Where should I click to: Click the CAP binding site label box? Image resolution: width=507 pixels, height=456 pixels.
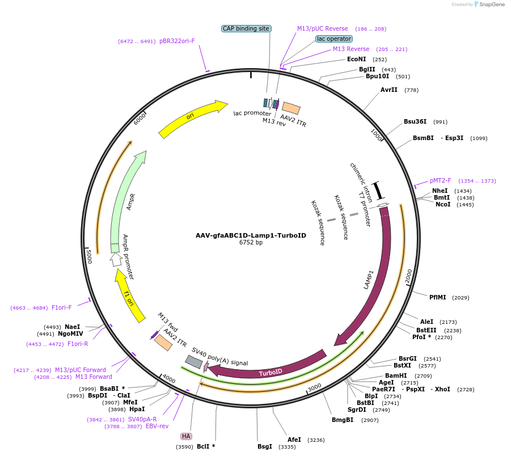246,28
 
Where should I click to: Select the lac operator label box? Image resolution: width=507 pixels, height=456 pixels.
334,39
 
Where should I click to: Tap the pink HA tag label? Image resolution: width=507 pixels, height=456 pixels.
186,436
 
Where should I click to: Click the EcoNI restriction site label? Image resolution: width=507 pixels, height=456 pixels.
356,59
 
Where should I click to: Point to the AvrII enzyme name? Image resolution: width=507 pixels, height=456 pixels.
388,90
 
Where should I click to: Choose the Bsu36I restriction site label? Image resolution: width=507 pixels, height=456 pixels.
415,121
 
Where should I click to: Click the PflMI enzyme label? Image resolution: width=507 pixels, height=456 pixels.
437,297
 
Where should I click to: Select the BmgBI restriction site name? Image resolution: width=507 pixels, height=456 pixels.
343,420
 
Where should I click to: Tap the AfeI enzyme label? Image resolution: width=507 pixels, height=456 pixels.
294,440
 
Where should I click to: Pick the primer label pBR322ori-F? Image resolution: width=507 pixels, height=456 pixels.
177,41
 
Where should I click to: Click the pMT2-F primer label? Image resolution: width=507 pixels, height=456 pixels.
441,180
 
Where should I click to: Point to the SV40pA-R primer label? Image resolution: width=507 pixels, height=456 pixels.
142,419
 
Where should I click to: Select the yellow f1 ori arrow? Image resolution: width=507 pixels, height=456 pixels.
129,296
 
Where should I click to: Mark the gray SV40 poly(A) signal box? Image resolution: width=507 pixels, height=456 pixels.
194,361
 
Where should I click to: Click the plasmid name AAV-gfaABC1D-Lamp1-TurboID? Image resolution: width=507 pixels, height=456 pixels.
251,235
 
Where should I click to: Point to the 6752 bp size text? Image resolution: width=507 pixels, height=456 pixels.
251,243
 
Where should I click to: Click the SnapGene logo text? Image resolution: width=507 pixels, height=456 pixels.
492,5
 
